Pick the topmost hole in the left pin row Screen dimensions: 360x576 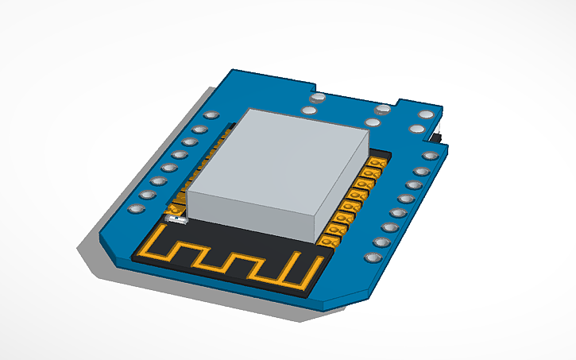[211, 116]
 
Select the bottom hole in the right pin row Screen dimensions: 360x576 [371, 257]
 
